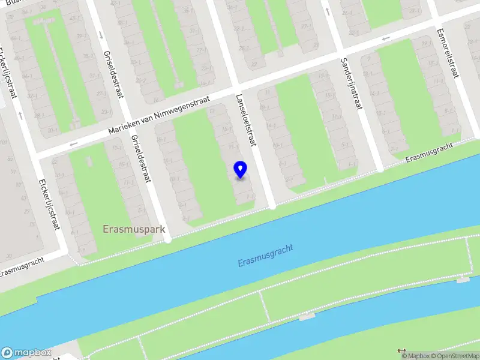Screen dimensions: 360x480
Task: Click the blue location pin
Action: (240, 170)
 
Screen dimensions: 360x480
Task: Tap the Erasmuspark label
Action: (134, 229)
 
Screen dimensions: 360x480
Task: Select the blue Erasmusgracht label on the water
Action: (265, 256)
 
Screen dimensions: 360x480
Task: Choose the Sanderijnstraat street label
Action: (351, 84)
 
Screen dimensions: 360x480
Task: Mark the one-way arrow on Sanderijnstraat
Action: (328, 11)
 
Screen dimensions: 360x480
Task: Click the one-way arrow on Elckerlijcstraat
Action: (20, 114)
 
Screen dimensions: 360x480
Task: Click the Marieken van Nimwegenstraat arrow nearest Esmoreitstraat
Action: (386, 39)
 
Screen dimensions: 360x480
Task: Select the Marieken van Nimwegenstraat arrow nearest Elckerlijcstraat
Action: (74, 144)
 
